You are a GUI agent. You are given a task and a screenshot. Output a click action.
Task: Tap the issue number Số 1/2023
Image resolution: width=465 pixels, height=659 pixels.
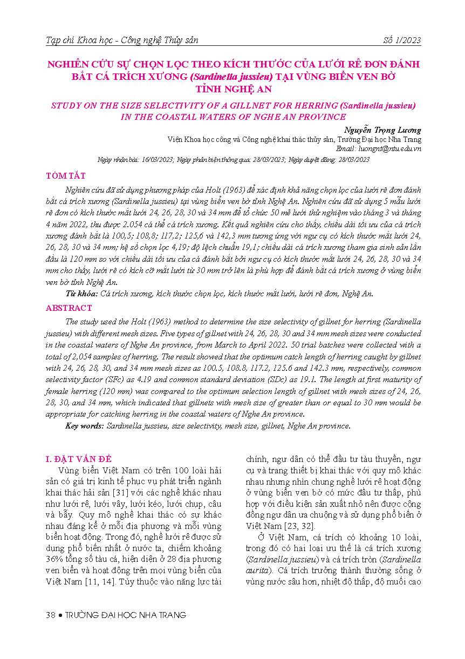pyautogui.click(x=401, y=40)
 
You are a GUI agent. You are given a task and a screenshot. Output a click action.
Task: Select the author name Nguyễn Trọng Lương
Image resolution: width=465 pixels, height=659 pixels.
pyautogui.click(x=382, y=130)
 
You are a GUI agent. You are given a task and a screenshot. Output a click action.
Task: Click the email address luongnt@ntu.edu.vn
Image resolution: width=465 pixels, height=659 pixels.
pyautogui.click(x=378, y=148)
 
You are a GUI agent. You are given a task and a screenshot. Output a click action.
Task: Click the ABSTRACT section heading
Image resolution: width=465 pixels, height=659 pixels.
pyautogui.click(x=69, y=308)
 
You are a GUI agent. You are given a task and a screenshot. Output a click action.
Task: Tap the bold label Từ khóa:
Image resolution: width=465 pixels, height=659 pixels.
pyautogui.click(x=81, y=294)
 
